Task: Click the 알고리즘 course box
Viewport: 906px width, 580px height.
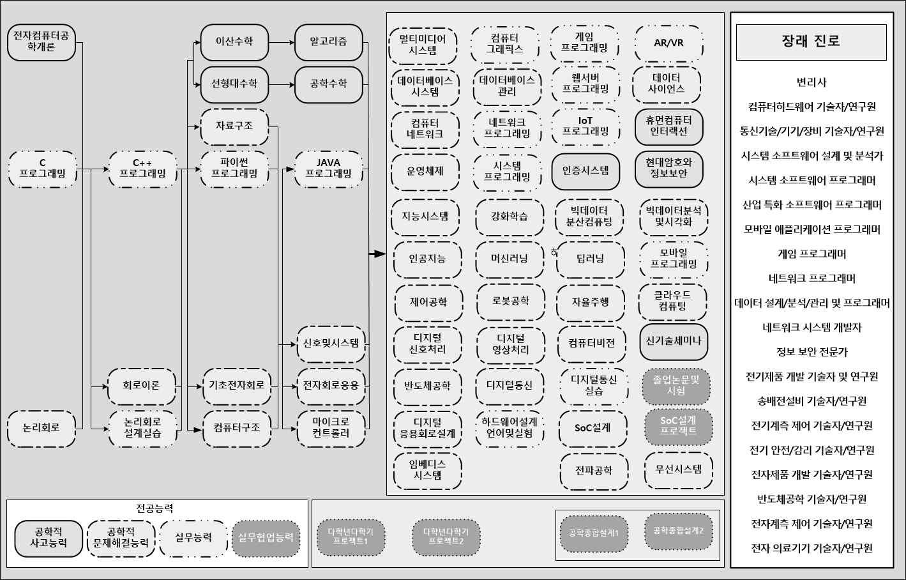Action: pyautogui.click(x=328, y=42)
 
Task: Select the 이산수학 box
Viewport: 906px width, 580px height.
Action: pyautogui.click(x=234, y=42)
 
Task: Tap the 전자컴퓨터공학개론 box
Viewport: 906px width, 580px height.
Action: pyautogui.click(x=42, y=42)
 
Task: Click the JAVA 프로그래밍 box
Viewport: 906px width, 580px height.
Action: pyautogui.click(x=328, y=169)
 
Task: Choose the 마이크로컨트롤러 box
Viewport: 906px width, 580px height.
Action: pyautogui.click(x=331, y=428)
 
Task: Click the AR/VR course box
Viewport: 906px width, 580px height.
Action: pyautogui.click(x=668, y=43)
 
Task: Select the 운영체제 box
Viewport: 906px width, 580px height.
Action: pyautogui.click(x=425, y=172)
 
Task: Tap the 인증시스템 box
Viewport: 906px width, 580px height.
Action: pyautogui.click(x=585, y=171)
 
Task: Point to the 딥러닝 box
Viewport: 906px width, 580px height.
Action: pyautogui.click(x=590, y=259)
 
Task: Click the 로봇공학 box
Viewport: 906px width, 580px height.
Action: pyautogui.click(x=511, y=301)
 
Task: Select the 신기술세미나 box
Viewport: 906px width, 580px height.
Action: pyautogui.click(x=674, y=341)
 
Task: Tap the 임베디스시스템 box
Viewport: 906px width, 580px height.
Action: pyautogui.click(x=428, y=470)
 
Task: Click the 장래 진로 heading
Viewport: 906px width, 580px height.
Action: pyautogui.click(x=811, y=42)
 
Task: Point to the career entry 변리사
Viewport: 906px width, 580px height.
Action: pyautogui.click(x=811, y=82)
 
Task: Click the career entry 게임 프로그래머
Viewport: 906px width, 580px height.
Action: pyautogui.click(x=811, y=254)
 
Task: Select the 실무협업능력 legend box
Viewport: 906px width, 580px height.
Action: pyautogui.click(x=266, y=537)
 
